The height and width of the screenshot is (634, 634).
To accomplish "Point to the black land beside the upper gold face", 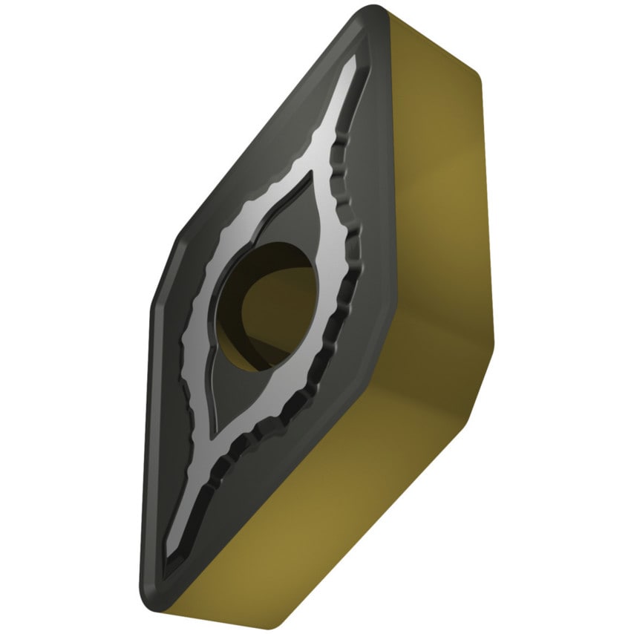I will click(382, 186).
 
